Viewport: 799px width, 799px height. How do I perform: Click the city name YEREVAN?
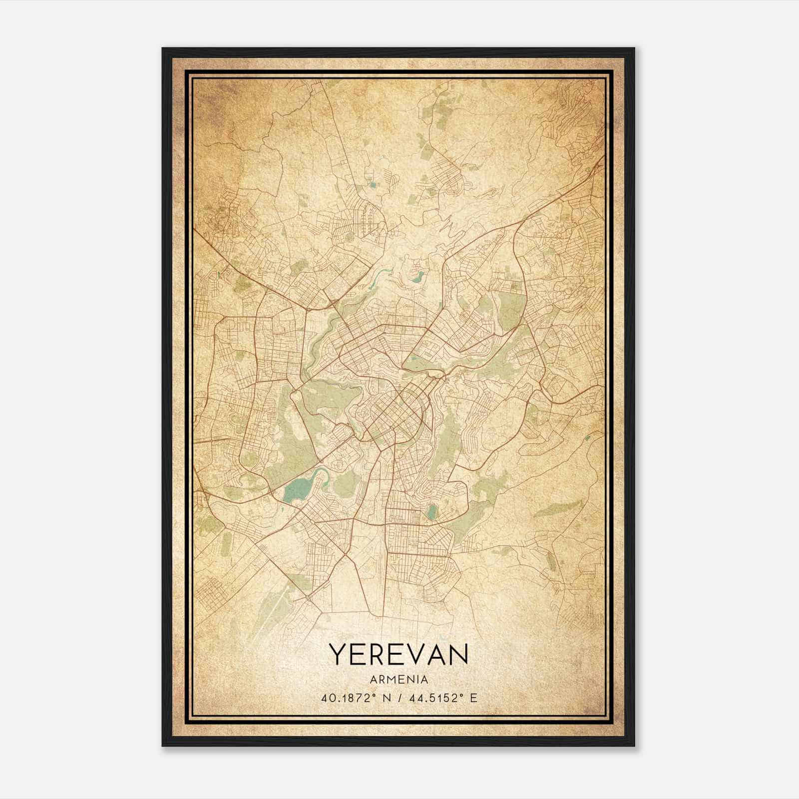coord(399,654)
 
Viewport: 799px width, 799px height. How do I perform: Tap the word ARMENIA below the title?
coord(399,680)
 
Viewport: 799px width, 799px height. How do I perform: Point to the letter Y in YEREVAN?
coord(337,654)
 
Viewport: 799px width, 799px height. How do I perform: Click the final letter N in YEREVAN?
coord(458,654)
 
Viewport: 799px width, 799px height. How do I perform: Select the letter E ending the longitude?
coord(473,698)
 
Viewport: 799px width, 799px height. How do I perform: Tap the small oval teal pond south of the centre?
coord(432,512)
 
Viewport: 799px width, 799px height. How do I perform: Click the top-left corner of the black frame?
coord(163,49)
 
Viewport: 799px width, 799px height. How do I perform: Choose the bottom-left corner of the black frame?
coord(163,745)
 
